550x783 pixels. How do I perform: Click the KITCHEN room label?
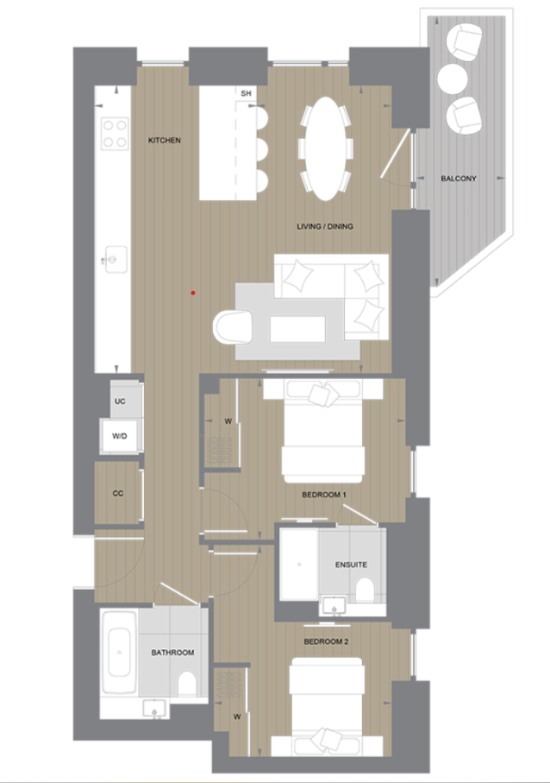coord(164,140)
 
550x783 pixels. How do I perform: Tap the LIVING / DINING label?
coord(324,227)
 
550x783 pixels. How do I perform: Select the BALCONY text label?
coord(458,179)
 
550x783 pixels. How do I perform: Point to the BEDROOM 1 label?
coord(324,495)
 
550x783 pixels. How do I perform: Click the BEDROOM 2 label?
coord(324,642)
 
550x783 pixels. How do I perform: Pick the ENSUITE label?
coord(351,565)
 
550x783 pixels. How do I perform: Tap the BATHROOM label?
coord(172,653)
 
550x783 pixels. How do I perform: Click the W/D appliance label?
coord(118,437)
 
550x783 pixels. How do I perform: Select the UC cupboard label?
coord(120,402)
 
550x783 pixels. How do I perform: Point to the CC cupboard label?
coord(118,494)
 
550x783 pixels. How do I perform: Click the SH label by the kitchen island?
coord(246,93)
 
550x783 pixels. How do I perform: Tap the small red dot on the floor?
coord(193,293)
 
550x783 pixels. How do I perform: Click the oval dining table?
coord(324,147)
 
